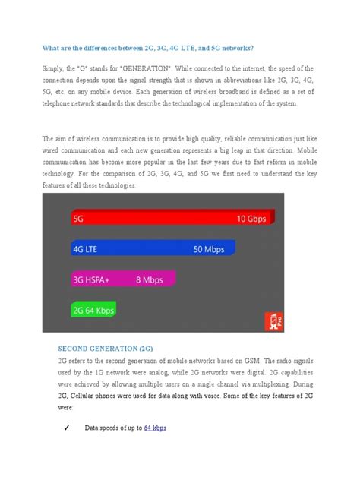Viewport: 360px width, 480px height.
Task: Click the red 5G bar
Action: [x=175, y=218]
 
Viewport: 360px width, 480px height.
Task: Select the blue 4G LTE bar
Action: [x=152, y=248]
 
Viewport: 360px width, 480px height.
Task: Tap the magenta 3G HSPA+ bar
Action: [x=122, y=279]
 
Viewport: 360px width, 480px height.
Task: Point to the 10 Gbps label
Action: [x=251, y=218]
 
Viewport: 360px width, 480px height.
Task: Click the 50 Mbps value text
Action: [x=209, y=248]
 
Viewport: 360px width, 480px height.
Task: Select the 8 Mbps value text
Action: [x=150, y=279]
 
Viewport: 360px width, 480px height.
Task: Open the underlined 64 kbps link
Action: [x=155, y=428]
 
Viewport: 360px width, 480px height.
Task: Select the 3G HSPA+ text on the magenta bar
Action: [x=92, y=279]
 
